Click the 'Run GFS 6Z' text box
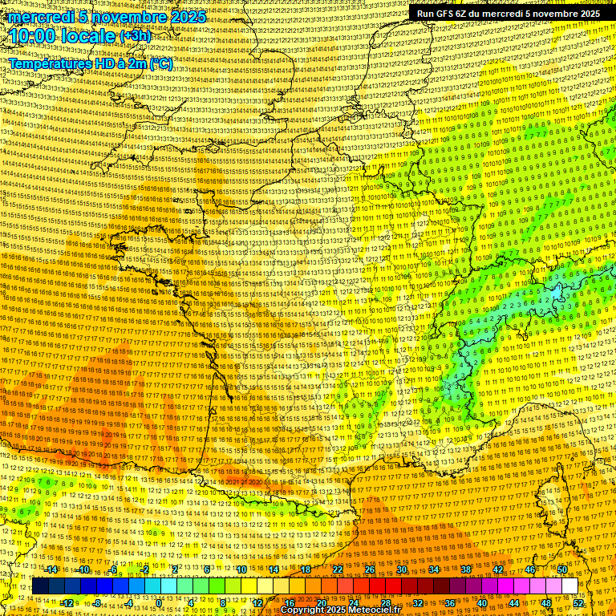click(508, 14)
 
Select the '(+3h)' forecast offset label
click(135, 37)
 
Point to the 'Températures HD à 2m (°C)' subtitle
click(90, 63)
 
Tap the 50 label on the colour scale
click(561, 569)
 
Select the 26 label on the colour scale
click(369, 569)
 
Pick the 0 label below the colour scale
click(160, 602)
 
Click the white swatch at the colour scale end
click(569, 586)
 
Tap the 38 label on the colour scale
click(465, 569)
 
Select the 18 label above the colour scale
click(305, 569)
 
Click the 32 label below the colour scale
click(418, 602)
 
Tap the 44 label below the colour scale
click(514, 602)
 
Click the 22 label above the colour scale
click(337, 569)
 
